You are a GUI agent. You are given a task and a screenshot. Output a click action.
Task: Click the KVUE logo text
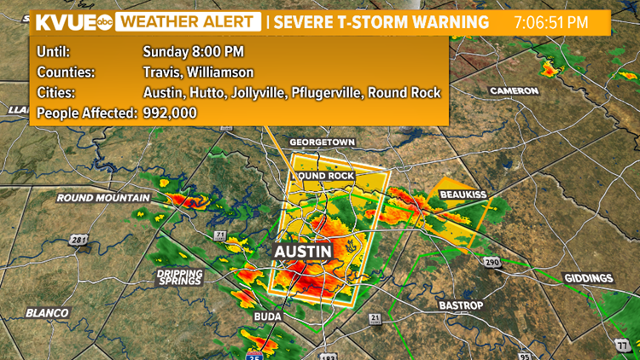[64, 21]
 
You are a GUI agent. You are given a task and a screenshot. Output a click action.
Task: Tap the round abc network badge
[103, 22]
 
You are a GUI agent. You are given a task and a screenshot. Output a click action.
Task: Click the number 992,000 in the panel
[170, 113]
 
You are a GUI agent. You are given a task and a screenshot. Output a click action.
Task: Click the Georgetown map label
[321, 142]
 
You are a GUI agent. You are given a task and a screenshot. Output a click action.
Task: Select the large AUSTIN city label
[301, 253]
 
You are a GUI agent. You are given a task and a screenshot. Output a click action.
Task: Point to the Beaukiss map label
[463, 195]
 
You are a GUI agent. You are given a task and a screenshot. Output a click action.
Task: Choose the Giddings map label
[588, 278]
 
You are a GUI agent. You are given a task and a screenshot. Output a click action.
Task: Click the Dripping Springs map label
[179, 276]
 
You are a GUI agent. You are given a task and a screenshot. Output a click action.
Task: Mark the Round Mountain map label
[102, 198]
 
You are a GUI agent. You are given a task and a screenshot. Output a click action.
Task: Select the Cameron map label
[514, 90]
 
